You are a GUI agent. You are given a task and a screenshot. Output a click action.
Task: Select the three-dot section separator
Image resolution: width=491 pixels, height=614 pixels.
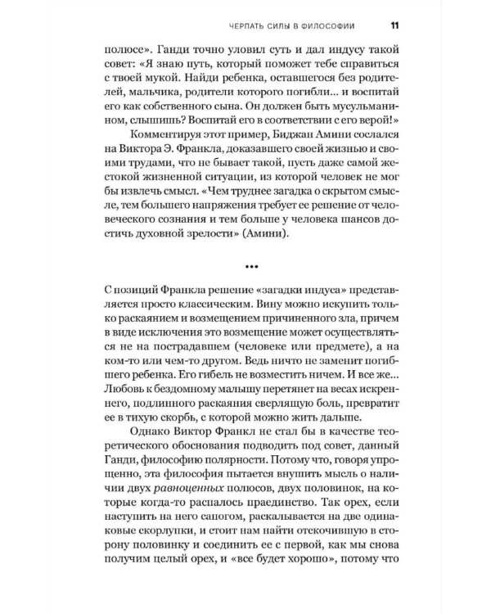pos(245,265)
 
